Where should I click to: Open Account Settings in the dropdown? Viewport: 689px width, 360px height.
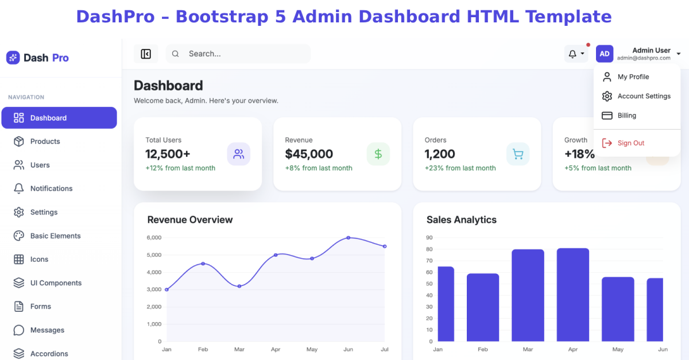click(x=637, y=96)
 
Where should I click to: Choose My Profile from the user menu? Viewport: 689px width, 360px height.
click(x=626, y=76)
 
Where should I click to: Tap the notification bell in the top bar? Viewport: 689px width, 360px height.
click(x=572, y=54)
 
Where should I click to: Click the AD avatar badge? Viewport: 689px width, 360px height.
click(x=605, y=54)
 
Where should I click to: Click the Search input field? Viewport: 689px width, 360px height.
click(x=238, y=54)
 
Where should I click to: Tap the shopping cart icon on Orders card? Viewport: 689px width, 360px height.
click(x=518, y=154)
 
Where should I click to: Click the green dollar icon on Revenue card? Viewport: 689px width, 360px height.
click(x=378, y=154)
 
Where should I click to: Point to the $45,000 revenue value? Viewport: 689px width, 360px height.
click(x=309, y=154)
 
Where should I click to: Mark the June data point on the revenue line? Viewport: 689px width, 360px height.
click(x=348, y=238)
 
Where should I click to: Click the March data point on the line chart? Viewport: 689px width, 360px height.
click(x=239, y=286)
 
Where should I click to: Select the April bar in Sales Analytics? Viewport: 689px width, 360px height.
click(x=573, y=295)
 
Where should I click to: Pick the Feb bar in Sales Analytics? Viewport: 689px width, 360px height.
click(x=483, y=307)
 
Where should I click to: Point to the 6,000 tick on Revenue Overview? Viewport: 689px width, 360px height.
click(x=154, y=238)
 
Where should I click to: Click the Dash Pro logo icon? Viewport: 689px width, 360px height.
click(x=13, y=57)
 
